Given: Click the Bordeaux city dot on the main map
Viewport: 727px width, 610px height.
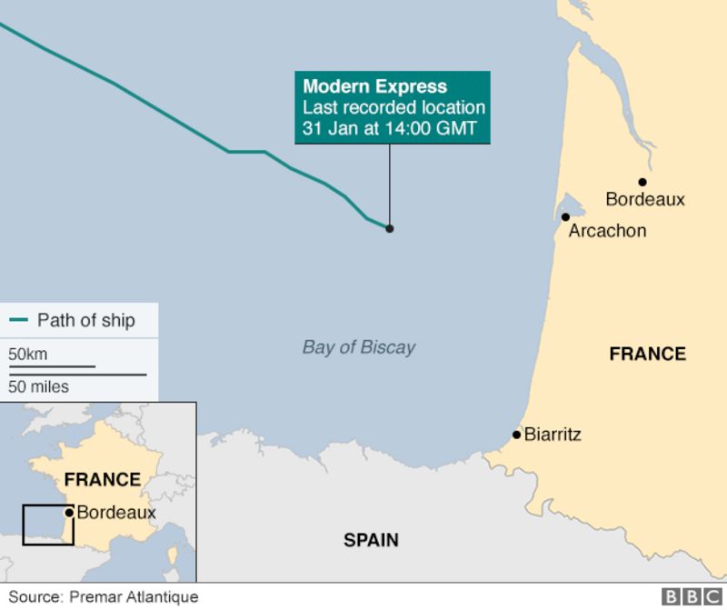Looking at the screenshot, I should click(x=642, y=182).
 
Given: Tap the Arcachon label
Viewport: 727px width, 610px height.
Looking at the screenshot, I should click(x=607, y=231).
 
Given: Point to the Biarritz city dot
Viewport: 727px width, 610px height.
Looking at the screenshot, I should click(x=516, y=435).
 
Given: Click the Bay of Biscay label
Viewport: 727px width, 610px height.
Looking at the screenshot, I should click(x=358, y=347).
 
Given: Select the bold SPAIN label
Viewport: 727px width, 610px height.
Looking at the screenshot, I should click(x=371, y=540).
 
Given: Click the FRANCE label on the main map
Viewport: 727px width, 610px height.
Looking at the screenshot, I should click(x=647, y=354).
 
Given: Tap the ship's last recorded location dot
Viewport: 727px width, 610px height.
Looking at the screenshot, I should click(x=390, y=228).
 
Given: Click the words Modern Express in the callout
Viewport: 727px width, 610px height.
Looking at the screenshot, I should click(x=374, y=87).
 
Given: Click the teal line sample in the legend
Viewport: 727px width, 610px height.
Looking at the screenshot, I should click(x=18, y=321).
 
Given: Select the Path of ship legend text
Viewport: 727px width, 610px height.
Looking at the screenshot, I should click(x=85, y=320).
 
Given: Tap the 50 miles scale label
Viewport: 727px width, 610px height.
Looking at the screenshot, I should click(x=38, y=387).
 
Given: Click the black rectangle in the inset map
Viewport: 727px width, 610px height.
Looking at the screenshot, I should click(x=48, y=524).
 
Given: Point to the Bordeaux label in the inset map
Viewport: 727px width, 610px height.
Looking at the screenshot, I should click(x=116, y=513).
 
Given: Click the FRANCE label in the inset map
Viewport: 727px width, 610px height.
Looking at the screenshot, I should click(x=102, y=479).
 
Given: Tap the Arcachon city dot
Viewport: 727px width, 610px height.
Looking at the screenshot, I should click(x=565, y=217).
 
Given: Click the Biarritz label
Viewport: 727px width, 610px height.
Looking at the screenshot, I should click(x=553, y=435).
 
